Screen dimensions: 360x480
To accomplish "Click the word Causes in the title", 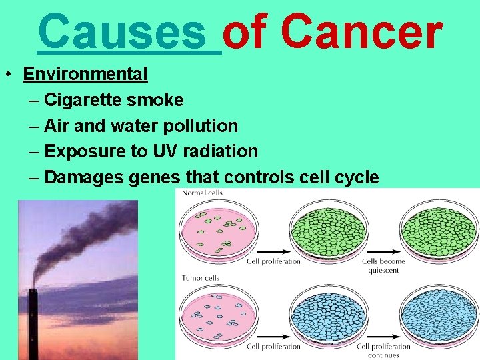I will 129,32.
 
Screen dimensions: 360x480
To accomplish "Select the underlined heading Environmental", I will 85,74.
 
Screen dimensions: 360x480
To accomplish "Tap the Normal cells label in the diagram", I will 203,193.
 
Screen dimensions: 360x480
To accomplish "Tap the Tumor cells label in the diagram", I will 201,277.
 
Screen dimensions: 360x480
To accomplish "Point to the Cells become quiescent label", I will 383,265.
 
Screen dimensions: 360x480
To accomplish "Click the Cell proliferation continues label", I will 383,350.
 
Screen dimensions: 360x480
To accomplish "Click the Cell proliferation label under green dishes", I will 273,261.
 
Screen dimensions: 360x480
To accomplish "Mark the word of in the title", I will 246,32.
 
